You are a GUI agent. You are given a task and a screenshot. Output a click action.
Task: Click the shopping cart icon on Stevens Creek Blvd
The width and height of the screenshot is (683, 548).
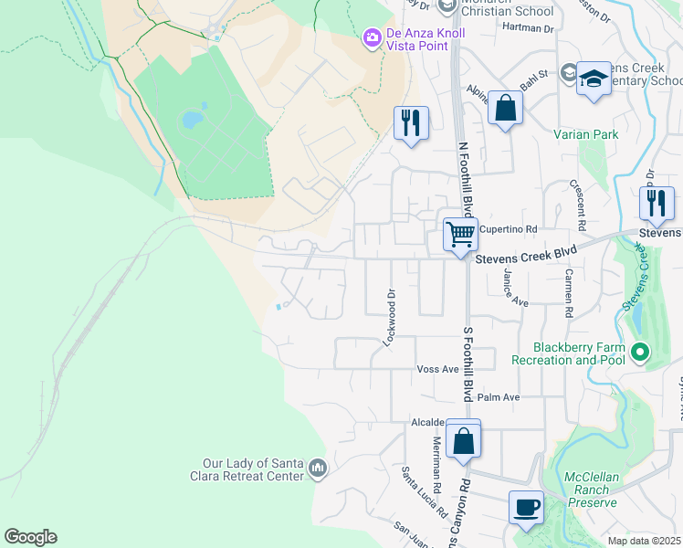pyautogui.click(x=460, y=234)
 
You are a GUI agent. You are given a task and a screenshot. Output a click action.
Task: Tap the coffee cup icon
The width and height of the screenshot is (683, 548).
pyautogui.click(x=526, y=507)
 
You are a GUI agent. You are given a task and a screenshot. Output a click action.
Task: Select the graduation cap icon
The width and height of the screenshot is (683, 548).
pyautogui.click(x=594, y=79)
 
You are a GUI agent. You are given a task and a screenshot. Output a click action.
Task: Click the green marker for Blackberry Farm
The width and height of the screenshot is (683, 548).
pyautogui.click(x=640, y=352)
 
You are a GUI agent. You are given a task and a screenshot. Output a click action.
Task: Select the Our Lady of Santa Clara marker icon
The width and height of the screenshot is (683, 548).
pyautogui.click(x=317, y=469)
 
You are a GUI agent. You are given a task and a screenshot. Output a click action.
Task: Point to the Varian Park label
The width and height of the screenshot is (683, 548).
pyautogui.click(x=585, y=135)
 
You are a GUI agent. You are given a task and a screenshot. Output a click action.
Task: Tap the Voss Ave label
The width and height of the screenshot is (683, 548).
pyautogui.click(x=436, y=369)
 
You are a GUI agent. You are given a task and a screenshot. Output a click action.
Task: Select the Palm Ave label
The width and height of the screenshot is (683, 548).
pyautogui.click(x=498, y=397)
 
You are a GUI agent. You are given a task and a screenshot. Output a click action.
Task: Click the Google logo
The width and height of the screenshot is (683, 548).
pyautogui.click(x=30, y=537)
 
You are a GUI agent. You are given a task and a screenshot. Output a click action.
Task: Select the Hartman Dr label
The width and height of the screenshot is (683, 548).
pyautogui.click(x=528, y=28)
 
